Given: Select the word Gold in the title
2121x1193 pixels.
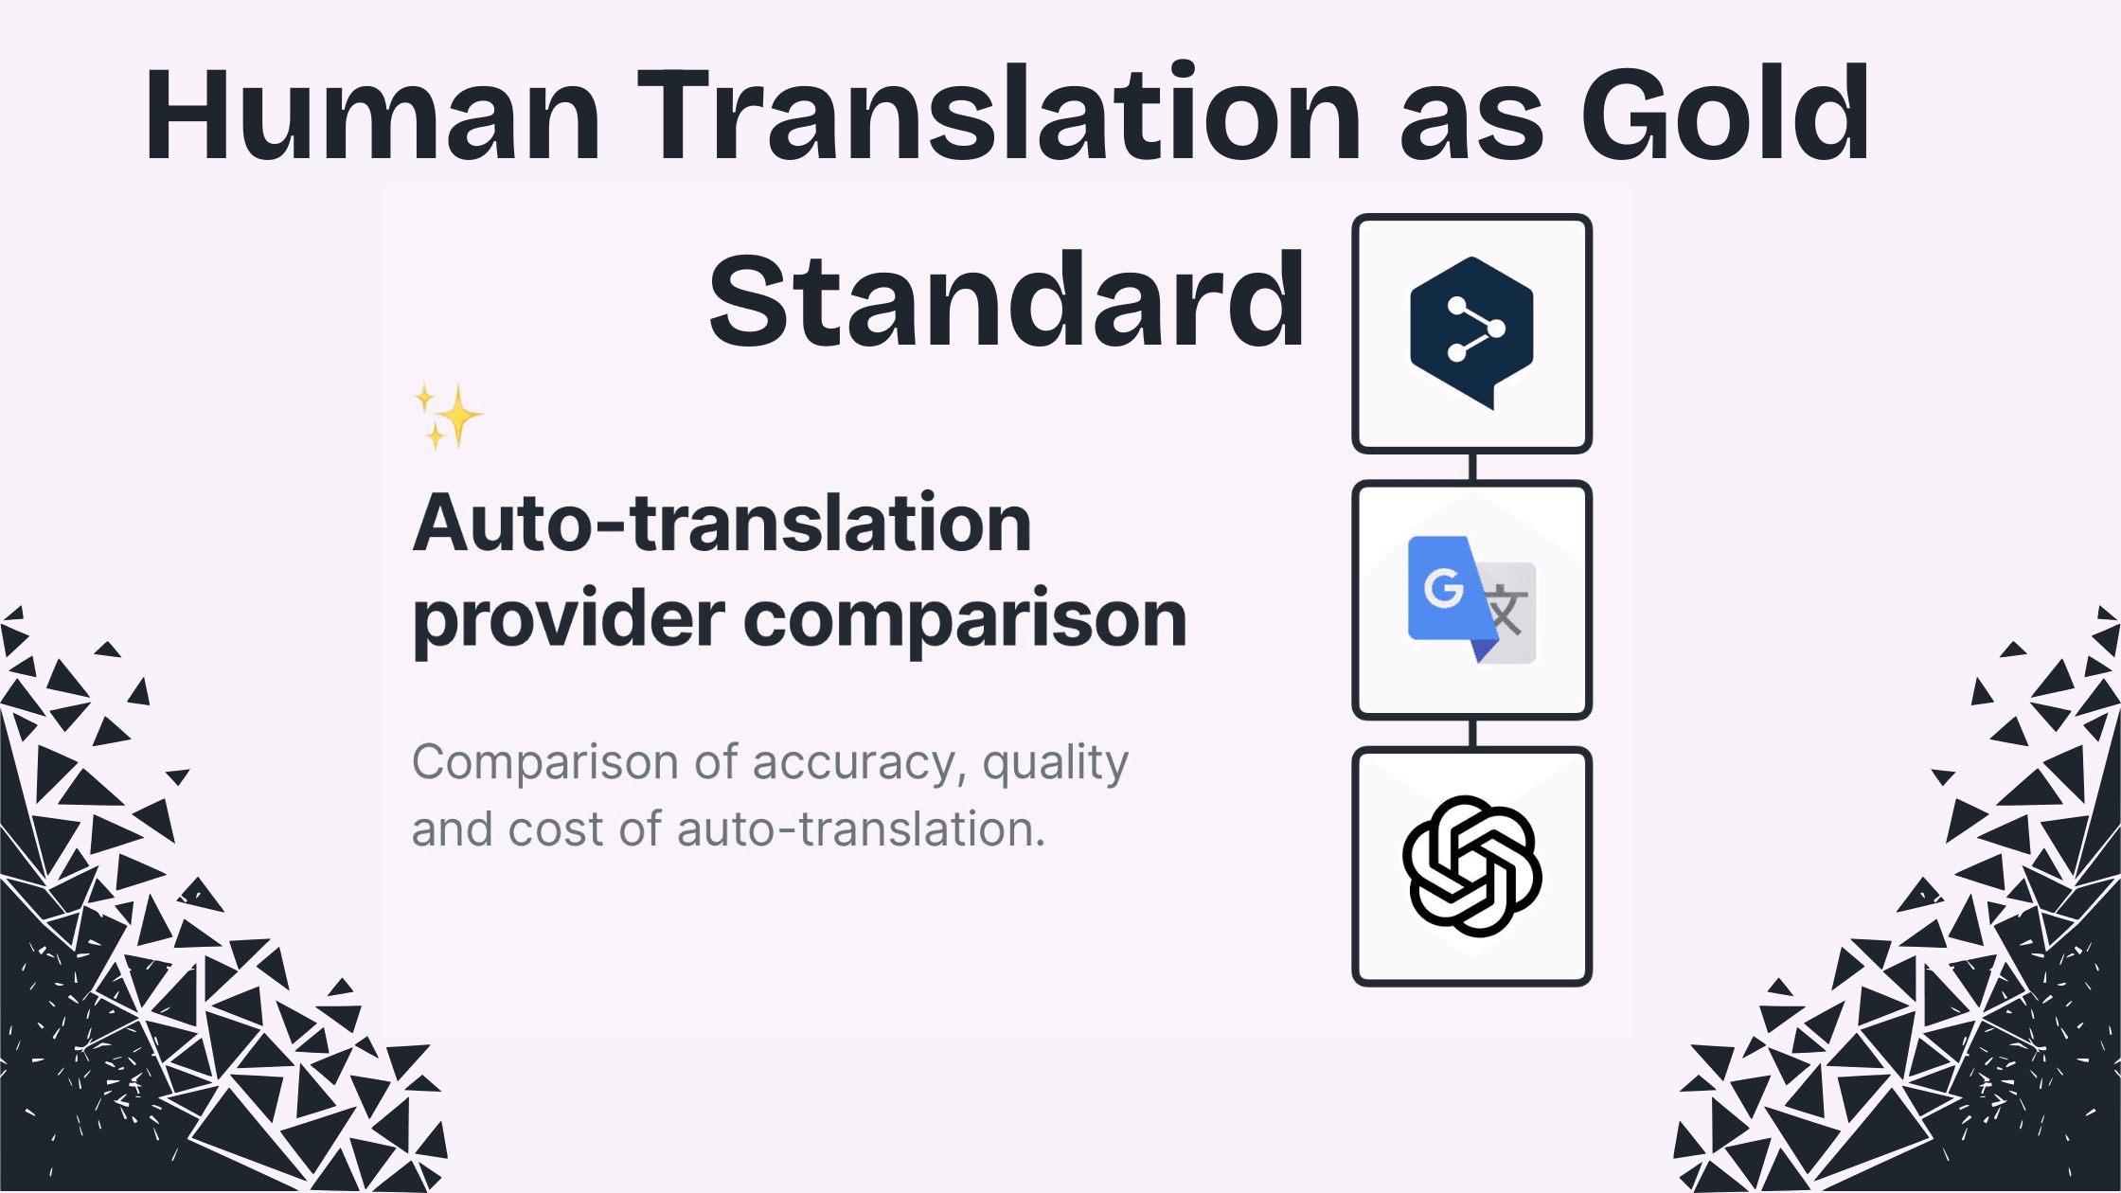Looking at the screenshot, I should pyautogui.click(x=1725, y=116).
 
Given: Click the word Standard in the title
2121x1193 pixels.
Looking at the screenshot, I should pyautogui.click(x=1007, y=301).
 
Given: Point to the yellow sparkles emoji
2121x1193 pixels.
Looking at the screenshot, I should pyautogui.click(x=449, y=416).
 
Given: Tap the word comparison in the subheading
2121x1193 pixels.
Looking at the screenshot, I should pyautogui.click(x=965, y=620).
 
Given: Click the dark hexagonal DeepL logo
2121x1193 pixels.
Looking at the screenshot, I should pyautogui.click(x=1471, y=331).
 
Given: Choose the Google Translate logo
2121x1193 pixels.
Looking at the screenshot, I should pyautogui.click(x=1471, y=599).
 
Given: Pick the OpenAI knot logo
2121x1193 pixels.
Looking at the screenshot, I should pyautogui.click(x=1471, y=866).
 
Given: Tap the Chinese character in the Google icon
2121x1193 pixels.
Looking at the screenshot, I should pyautogui.click(x=1508, y=612).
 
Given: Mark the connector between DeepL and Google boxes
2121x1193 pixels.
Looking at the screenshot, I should pyautogui.click(x=1472, y=467).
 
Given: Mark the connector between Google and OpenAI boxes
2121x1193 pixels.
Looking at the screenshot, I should pyautogui.click(x=1472, y=733).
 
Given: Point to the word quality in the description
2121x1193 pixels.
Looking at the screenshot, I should pyautogui.click(x=1055, y=763).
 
